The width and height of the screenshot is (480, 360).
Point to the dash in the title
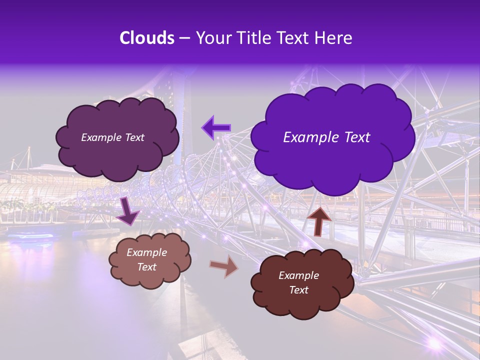(184, 38)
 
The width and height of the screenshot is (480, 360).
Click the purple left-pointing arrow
(216, 127)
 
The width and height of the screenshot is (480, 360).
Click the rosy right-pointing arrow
(224, 266)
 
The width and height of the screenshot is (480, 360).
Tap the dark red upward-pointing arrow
(319, 220)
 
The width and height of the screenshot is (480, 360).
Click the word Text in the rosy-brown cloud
(147, 267)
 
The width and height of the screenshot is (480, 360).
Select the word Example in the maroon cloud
(298, 275)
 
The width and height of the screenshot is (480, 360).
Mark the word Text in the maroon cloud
(298, 290)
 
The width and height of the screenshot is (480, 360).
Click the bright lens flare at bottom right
(434, 343)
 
